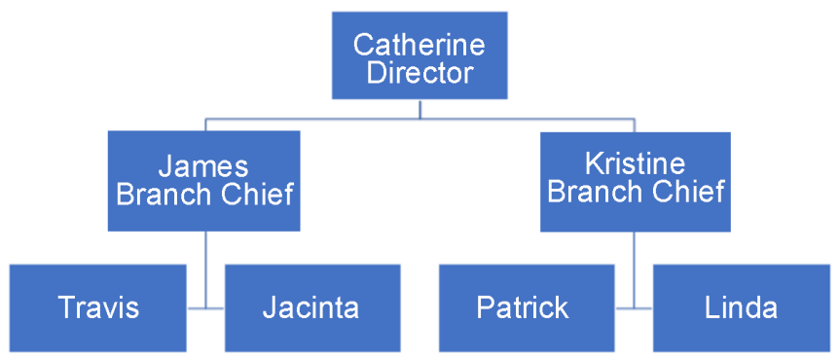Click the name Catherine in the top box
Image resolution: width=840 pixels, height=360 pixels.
[419, 44]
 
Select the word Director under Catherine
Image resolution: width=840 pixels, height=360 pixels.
[420, 72]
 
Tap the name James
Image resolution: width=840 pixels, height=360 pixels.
[203, 165]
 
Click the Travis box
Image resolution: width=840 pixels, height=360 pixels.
[98, 308]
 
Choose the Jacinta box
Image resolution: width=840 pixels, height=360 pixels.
[311, 308]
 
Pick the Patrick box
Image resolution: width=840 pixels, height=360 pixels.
[524, 308]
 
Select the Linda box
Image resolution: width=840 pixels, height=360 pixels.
[741, 308]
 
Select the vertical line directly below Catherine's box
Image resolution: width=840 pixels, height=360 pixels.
[420, 108]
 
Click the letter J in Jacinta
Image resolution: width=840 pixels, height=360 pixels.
[270, 308]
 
